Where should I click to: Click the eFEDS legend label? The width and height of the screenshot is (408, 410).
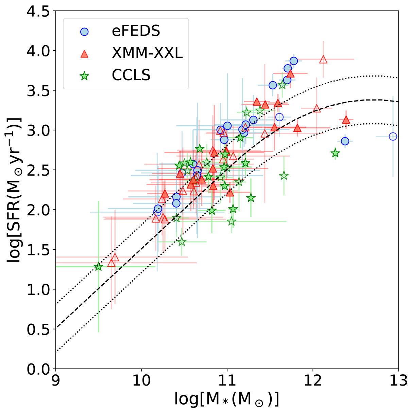click(136, 31)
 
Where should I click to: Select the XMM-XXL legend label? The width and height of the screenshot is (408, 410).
click(147, 53)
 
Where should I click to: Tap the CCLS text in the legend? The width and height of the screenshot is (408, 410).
click(131, 75)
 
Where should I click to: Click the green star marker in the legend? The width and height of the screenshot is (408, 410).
click(84, 76)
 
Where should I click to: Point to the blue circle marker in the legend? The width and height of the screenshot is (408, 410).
click(84, 32)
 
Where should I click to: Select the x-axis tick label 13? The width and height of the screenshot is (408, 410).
click(398, 380)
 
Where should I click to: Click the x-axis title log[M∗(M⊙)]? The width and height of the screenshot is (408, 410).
click(227, 397)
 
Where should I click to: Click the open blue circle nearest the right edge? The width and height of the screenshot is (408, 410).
click(393, 137)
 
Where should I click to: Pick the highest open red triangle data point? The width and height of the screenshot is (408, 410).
click(323, 59)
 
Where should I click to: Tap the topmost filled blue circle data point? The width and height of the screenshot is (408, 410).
click(294, 61)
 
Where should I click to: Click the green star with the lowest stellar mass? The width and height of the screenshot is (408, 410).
click(99, 267)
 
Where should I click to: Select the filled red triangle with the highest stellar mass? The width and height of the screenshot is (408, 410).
click(346, 120)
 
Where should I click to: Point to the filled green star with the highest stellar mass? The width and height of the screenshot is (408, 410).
click(335, 153)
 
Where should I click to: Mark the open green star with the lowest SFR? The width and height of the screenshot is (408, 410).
click(182, 242)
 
